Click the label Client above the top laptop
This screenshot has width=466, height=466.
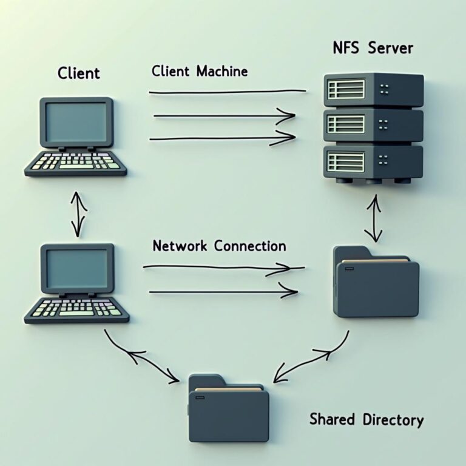pos(79,74)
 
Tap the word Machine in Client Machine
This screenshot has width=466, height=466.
pos(222,72)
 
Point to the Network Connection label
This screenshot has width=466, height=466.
pos(219,246)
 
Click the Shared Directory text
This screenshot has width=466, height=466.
pos(366,419)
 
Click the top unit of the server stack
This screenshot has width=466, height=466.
pos(373,90)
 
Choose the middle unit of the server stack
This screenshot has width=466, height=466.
pos(373,125)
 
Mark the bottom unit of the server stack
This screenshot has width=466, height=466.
pos(373,160)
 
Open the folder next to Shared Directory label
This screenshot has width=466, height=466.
pos(228,407)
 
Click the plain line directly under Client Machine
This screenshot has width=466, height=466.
pos(227,92)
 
